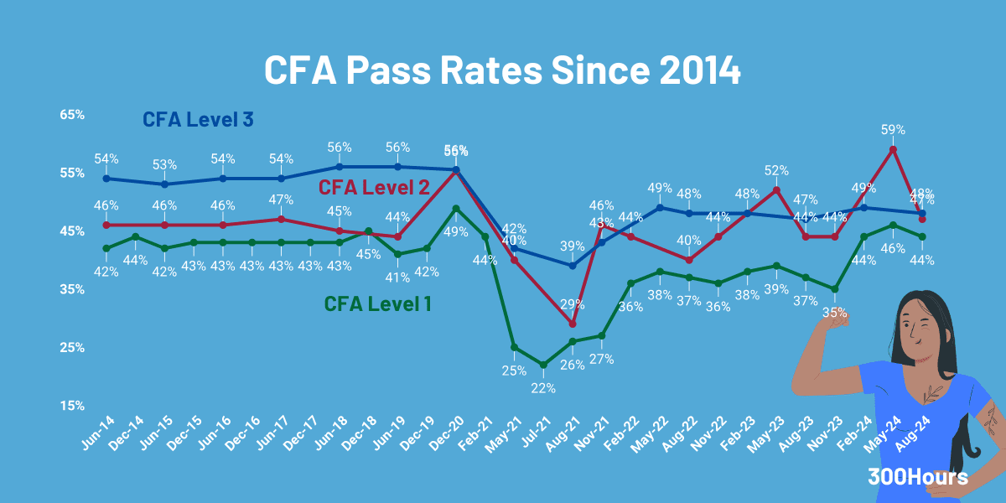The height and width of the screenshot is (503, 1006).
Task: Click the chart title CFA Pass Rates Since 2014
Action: coord(502,70)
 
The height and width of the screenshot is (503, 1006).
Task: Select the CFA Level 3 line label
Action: coord(198,119)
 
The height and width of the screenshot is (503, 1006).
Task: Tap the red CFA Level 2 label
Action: coord(375,186)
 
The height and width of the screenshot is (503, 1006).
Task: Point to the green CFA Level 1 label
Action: coord(378,303)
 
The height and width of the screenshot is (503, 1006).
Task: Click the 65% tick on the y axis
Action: coord(72,114)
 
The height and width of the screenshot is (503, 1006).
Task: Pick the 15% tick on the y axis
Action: coord(72,406)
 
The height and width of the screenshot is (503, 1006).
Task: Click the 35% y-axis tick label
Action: coord(72,289)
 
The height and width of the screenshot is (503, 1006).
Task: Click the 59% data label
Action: coord(893,130)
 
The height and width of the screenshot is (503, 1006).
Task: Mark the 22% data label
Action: coord(542,387)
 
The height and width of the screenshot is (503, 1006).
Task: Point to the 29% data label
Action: coord(573,303)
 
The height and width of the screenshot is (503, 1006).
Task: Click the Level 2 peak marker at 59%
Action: coord(894,149)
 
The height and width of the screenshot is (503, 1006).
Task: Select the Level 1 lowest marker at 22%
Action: coord(543,365)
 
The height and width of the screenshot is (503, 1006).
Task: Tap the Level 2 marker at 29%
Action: coord(573,324)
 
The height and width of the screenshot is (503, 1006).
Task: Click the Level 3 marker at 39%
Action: coord(573,266)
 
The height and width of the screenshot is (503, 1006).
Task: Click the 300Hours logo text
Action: coord(918,477)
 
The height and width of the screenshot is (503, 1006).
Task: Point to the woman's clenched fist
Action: coord(835,316)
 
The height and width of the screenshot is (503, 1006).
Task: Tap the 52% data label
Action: coord(776,170)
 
